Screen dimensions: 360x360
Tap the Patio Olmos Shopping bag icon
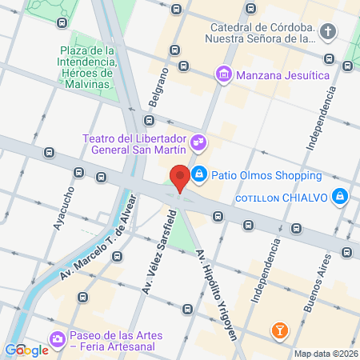click(200, 174)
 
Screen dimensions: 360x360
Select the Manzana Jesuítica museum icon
click(223, 75)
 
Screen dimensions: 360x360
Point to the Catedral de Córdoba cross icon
click(328, 32)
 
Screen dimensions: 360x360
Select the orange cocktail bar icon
click(280, 329)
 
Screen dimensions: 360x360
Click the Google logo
click(26, 350)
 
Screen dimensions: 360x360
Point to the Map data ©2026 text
click(324, 354)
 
